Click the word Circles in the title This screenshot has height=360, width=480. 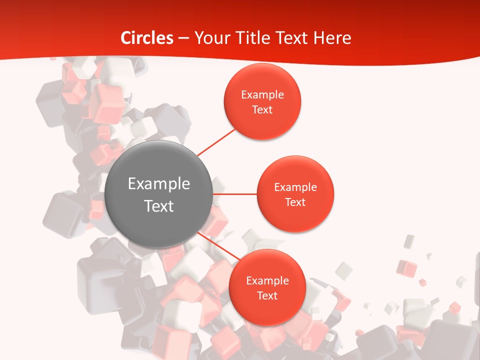click(147, 38)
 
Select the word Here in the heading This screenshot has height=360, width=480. click(332, 38)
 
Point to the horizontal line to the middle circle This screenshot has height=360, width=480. click(234, 193)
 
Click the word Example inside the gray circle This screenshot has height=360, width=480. click(159, 184)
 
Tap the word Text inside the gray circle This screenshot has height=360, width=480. click(159, 206)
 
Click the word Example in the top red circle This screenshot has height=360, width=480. click(262, 95)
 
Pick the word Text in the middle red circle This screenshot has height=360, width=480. click(295, 202)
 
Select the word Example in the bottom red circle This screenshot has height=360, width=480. click(267, 281)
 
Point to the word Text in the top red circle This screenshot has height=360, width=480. click(262, 110)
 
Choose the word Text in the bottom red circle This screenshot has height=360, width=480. click(267, 296)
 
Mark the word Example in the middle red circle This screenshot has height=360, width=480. click(295, 187)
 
